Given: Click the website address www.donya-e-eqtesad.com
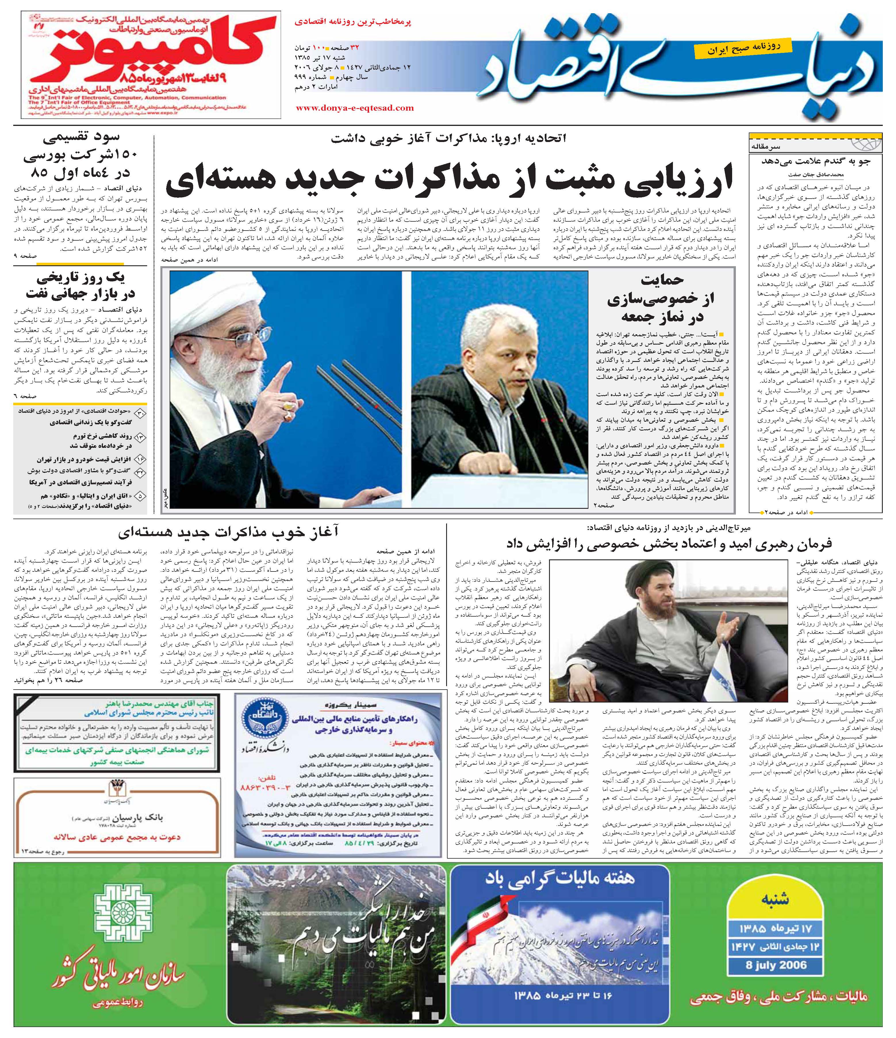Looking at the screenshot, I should pos(355,108).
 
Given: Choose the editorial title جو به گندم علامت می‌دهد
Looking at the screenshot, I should pos(815,161).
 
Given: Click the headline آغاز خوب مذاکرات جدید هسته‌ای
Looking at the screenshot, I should pos(228,531).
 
